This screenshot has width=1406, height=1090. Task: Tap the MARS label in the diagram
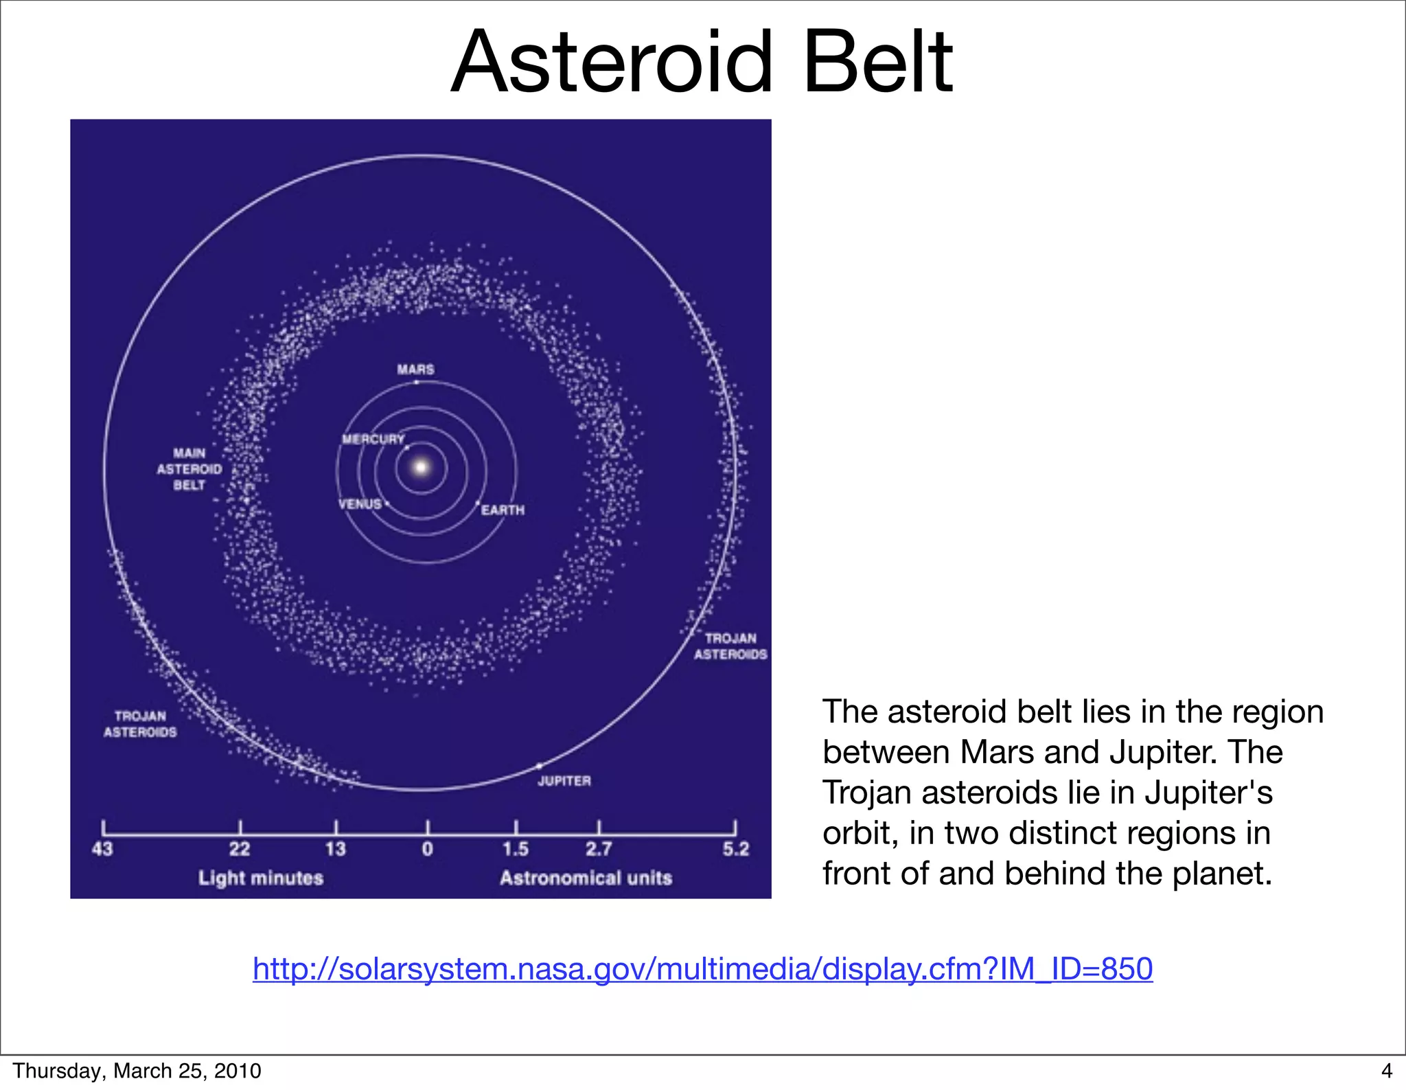click(x=415, y=370)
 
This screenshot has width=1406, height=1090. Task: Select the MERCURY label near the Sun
click(x=373, y=439)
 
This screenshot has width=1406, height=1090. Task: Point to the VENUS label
click(x=360, y=504)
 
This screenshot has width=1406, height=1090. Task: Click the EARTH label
click(x=503, y=510)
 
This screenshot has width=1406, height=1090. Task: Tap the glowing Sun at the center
click(x=422, y=468)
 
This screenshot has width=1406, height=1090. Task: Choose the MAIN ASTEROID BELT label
click(x=189, y=469)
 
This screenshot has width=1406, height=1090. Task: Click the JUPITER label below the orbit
click(x=564, y=781)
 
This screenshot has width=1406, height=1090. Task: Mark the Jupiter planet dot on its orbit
click(x=539, y=765)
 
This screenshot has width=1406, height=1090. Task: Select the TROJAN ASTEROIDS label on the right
click(x=730, y=646)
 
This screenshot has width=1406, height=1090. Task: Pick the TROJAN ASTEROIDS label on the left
click(x=140, y=725)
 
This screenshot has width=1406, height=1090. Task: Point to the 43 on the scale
click(x=102, y=850)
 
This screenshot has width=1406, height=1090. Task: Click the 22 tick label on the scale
click(x=240, y=850)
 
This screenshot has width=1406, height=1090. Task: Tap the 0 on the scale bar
click(x=427, y=850)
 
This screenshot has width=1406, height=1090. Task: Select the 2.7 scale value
click(x=599, y=850)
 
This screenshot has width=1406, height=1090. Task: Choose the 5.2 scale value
click(x=735, y=850)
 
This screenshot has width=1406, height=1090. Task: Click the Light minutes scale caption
click(x=260, y=878)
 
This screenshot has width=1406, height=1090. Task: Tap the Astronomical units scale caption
click(x=586, y=878)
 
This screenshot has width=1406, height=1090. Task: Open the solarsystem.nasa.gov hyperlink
click(x=702, y=969)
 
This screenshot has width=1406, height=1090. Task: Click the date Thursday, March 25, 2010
click(x=137, y=1071)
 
